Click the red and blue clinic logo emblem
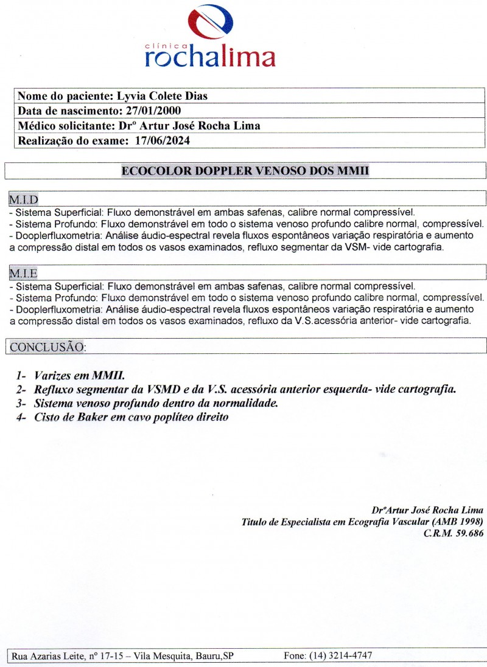(211, 23)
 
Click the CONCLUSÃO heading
(47, 347)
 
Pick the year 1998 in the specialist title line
(468, 522)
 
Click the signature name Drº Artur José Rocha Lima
(427, 510)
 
